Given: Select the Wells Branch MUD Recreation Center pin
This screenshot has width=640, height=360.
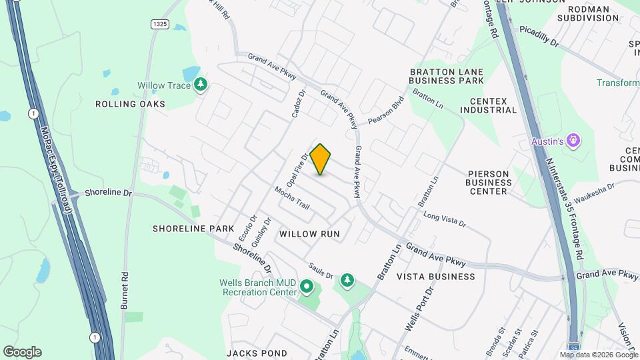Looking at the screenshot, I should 307,287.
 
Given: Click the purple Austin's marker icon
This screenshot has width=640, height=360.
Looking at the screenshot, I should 574,141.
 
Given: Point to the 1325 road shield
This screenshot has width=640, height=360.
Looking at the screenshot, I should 159,24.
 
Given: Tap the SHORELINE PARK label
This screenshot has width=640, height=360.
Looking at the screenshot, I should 193,229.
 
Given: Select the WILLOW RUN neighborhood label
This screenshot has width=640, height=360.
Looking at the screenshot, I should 309,234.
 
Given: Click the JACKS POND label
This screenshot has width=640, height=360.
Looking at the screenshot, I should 257,353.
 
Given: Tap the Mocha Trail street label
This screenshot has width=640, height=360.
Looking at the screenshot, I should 293,198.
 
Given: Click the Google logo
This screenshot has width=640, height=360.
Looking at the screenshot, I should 22,352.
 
